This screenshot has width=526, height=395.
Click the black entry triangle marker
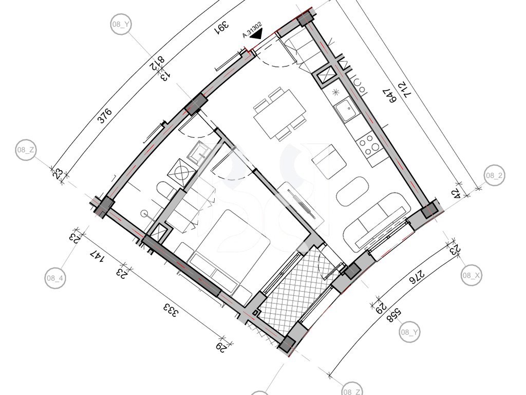coord(257,34)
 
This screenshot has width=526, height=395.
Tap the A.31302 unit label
coord(252,30)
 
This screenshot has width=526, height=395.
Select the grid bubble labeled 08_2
coord(495,175)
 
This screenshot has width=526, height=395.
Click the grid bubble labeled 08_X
coord(472,276)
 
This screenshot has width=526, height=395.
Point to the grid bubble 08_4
coord(55,278)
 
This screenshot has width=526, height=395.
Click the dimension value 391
coord(222,28)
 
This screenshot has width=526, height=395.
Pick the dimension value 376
coord(105,116)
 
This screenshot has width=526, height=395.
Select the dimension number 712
coord(408,91)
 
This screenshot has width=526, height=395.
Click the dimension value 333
coord(170,310)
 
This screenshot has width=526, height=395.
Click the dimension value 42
coord(456,194)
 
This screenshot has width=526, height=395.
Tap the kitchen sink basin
coord(346,109)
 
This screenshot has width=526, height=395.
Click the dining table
coord(280,114)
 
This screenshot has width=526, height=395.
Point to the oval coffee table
coord(352,191)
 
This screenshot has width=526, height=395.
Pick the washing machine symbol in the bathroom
coord(182,172)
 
